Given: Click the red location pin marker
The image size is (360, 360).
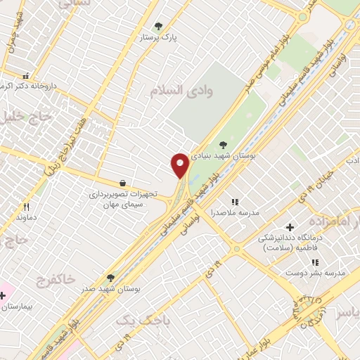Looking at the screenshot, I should pyautogui.click(x=179, y=165).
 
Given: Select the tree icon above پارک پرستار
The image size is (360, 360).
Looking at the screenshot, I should pyautogui.click(x=158, y=26).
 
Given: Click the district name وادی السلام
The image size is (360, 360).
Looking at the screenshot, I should pyautogui.click(x=176, y=90).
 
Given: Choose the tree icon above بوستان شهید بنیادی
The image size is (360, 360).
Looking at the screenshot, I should pyautogui.click(x=224, y=145).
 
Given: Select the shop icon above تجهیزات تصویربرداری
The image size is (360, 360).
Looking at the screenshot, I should pyautogui.click(x=123, y=184).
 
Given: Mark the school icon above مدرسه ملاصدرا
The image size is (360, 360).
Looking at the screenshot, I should pyautogui.click(x=235, y=202).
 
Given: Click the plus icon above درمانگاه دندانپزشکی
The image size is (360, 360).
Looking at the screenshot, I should pyautogui.click(x=290, y=226).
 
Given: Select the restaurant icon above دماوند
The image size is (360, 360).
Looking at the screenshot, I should pyautogui.click(x=27, y=207).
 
